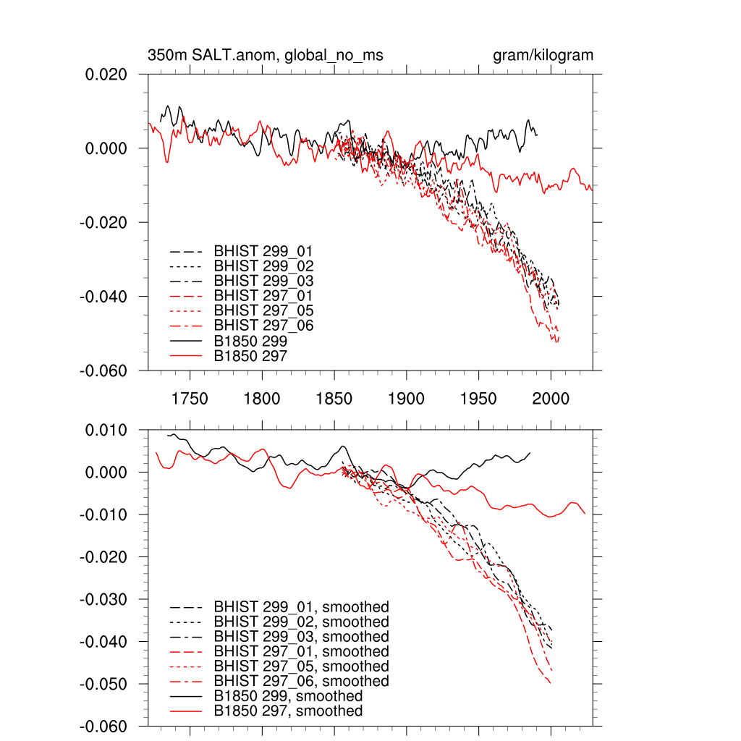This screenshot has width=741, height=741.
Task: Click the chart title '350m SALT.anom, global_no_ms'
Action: [266, 56]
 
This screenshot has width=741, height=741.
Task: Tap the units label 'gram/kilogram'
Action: [543, 56]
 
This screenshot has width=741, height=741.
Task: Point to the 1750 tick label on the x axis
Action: [190, 399]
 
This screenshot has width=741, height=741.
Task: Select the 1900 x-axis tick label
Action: [406, 399]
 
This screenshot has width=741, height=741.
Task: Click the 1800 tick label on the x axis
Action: [262, 399]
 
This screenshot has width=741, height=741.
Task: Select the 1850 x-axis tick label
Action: [334, 399]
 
